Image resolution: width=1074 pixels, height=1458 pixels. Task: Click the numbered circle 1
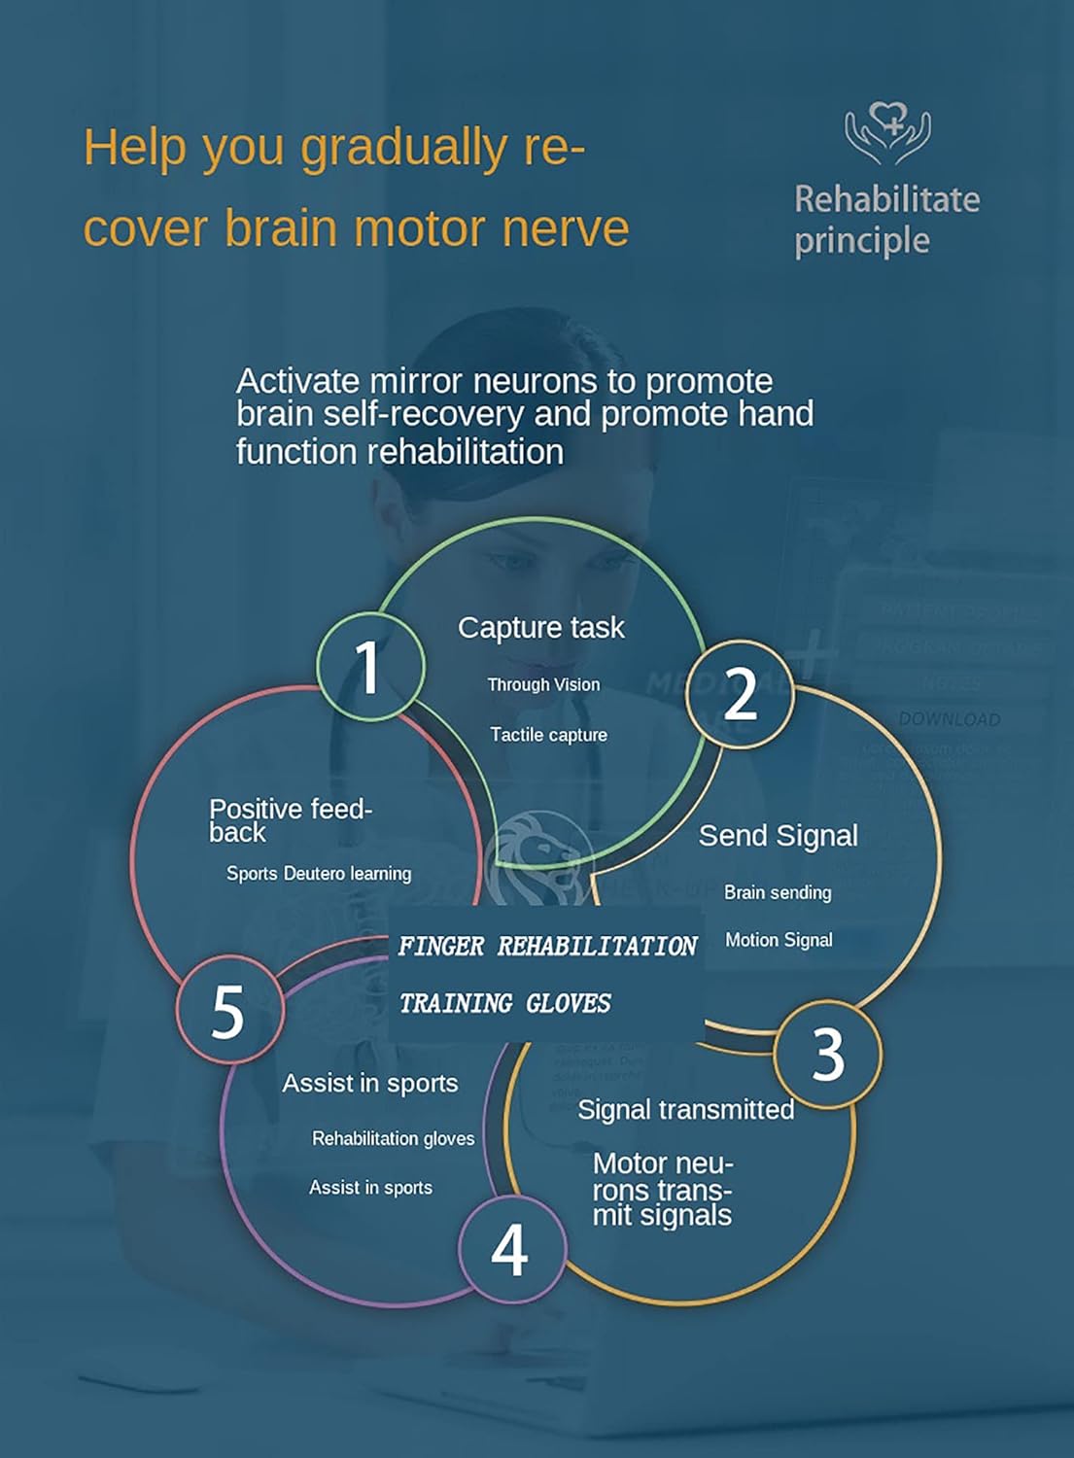370,667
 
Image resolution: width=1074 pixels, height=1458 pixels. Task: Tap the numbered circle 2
741,694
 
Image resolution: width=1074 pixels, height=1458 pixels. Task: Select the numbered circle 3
828,1054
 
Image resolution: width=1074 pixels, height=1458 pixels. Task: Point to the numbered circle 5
229,1011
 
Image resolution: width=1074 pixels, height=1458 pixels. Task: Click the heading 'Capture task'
540,628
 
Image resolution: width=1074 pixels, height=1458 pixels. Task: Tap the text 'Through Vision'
543,685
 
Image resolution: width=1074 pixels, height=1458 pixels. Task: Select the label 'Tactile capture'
548,735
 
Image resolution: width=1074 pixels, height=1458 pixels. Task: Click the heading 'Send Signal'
778,836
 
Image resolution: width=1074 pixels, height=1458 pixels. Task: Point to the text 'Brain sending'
778,892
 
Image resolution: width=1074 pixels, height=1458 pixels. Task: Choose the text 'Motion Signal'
779,940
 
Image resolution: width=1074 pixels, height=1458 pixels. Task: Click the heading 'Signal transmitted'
685,1110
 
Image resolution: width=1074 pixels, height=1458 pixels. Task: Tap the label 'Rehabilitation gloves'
393,1138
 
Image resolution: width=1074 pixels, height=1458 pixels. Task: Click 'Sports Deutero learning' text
319,874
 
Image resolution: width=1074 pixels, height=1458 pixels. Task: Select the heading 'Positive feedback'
290,819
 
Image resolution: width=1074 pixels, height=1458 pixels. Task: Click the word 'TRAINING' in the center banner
456,1003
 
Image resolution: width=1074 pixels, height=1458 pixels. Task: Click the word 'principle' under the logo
861,241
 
